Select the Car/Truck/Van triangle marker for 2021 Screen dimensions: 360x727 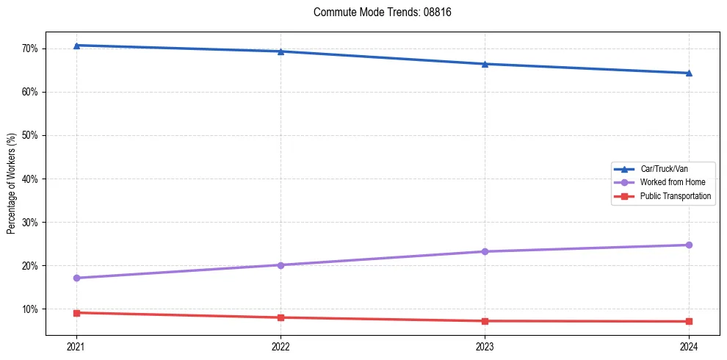coord(76,46)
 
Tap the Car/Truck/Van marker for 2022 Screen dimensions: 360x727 coord(281,51)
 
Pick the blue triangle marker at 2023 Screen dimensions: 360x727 coord(485,64)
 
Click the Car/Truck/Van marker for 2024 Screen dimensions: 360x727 coord(689,73)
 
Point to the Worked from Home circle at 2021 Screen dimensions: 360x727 coord(76,278)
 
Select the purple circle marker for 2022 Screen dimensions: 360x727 coord(281,264)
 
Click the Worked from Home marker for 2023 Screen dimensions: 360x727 coord(485,251)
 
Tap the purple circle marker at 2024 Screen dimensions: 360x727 coord(689,245)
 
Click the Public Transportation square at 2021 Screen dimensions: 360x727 coord(76,313)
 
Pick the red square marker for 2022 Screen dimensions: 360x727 coord(281,317)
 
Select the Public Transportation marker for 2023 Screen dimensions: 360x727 coord(485,321)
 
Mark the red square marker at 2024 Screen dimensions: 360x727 coord(689,321)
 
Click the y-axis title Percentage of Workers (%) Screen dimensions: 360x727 coord(12,184)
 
